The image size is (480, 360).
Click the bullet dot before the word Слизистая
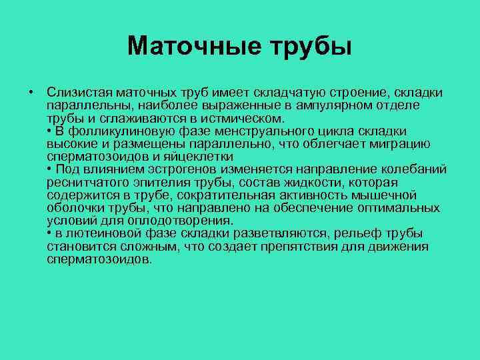tap(31, 91)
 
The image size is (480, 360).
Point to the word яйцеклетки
tap(200, 156)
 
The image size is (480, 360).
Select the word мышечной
tap(389, 195)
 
